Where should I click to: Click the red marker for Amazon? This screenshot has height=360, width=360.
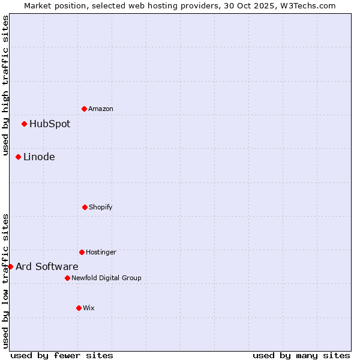[84, 109]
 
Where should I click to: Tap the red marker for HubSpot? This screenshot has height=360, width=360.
[24, 124]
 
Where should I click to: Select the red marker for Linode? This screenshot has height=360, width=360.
[18, 157]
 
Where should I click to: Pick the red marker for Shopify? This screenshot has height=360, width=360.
[85, 207]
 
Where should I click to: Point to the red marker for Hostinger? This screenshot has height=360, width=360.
[82, 252]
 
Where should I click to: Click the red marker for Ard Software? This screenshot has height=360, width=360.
[10, 266]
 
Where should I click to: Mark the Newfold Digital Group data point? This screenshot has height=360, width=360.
[67, 278]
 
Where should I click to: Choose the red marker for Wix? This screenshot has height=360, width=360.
[79, 308]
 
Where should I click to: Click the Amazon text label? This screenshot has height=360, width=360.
[101, 109]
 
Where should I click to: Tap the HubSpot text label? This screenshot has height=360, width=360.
[50, 124]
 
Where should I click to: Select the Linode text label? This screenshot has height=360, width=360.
[39, 157]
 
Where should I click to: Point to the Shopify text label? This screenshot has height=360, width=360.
[101, 207]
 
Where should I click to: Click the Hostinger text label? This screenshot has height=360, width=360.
[101, 252]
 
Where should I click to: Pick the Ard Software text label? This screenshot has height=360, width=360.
[47, 266]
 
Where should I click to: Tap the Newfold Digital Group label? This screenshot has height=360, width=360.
[106, 278]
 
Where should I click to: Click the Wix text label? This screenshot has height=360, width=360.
[89, 308]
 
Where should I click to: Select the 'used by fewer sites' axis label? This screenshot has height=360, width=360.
[62, 355]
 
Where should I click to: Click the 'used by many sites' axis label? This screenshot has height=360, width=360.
[301, 355]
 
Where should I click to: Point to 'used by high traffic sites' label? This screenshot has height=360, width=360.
[5, 86]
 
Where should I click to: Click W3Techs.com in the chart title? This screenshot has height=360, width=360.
[306, 5]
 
